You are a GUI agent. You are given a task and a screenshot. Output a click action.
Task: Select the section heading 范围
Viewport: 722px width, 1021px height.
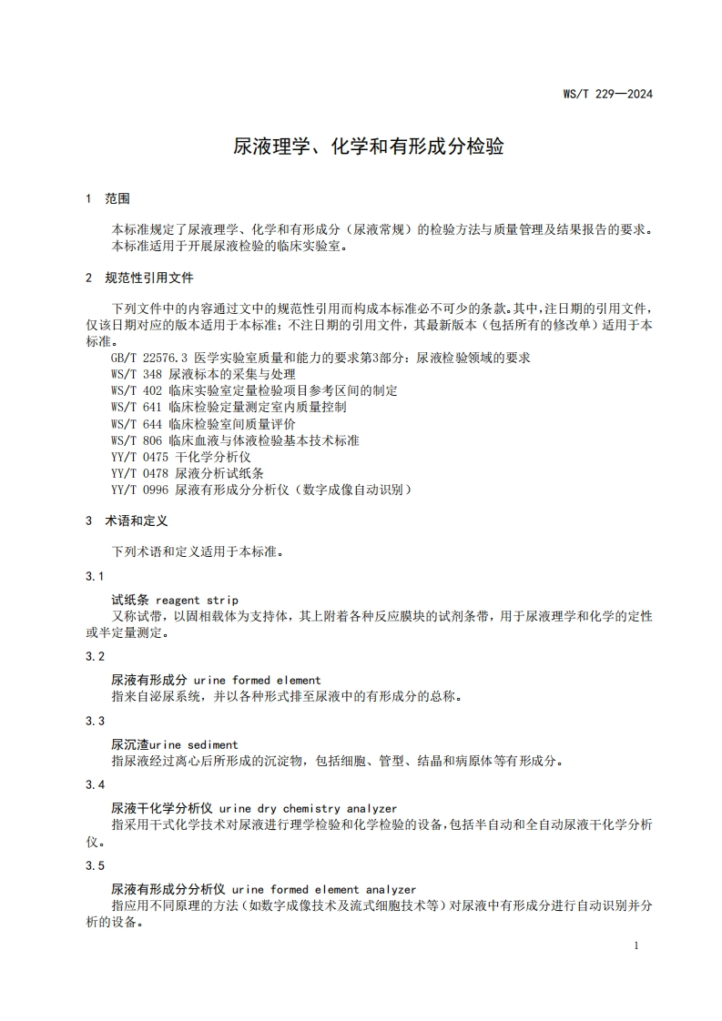click(x=117, y=198)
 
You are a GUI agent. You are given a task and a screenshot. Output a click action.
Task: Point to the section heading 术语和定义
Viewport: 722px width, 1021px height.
click(x=137, y=521)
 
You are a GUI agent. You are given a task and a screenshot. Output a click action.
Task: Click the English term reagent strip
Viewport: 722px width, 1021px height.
click(x=197, y=600)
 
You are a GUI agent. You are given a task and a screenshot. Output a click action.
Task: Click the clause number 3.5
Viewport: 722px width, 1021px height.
click(x=95, y=865)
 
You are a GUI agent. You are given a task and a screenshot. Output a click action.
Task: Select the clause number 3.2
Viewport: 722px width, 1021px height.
click(x=95, y=656)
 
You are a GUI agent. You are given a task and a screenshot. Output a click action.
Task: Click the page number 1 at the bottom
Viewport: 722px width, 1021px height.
click(x=636, y=946)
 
